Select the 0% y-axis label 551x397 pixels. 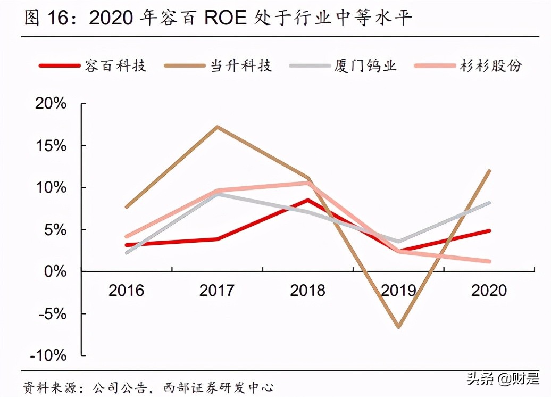click(x=55, y=271)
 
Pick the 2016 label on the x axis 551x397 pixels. click(x=126, y=291)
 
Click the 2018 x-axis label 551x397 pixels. click(x=308, y=291)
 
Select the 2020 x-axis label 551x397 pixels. click(x=489, y=291)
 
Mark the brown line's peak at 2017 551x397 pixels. click(x=218, y=127)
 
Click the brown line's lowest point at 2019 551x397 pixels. click(x=398, y=327)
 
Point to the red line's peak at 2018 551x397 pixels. click(x=308, y=200)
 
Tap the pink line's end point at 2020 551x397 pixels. click(x=489, y=261)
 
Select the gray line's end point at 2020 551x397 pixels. click(x=489, y=203)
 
